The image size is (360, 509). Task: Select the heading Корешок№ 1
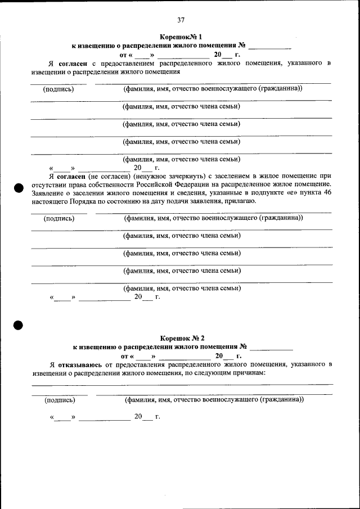click(180, 35)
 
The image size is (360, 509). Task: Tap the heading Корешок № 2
click(181, 338)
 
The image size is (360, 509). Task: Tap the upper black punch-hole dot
click(18, 187)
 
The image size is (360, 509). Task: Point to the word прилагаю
click(242, 201)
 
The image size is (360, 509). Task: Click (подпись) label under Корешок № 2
click(59, 400)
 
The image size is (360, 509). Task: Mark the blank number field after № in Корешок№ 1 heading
click(269, 45)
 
